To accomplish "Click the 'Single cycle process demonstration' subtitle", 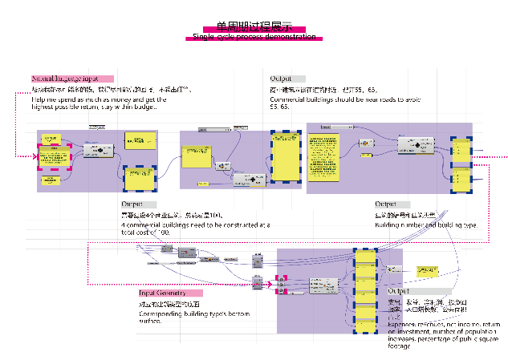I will (x=254, y=38).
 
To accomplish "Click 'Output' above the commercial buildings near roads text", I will (x=287, y=79).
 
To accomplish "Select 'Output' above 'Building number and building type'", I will (x=392, y=204).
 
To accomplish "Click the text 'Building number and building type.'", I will (x=426, y=225).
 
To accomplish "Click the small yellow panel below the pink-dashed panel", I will (x=50, y=181).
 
